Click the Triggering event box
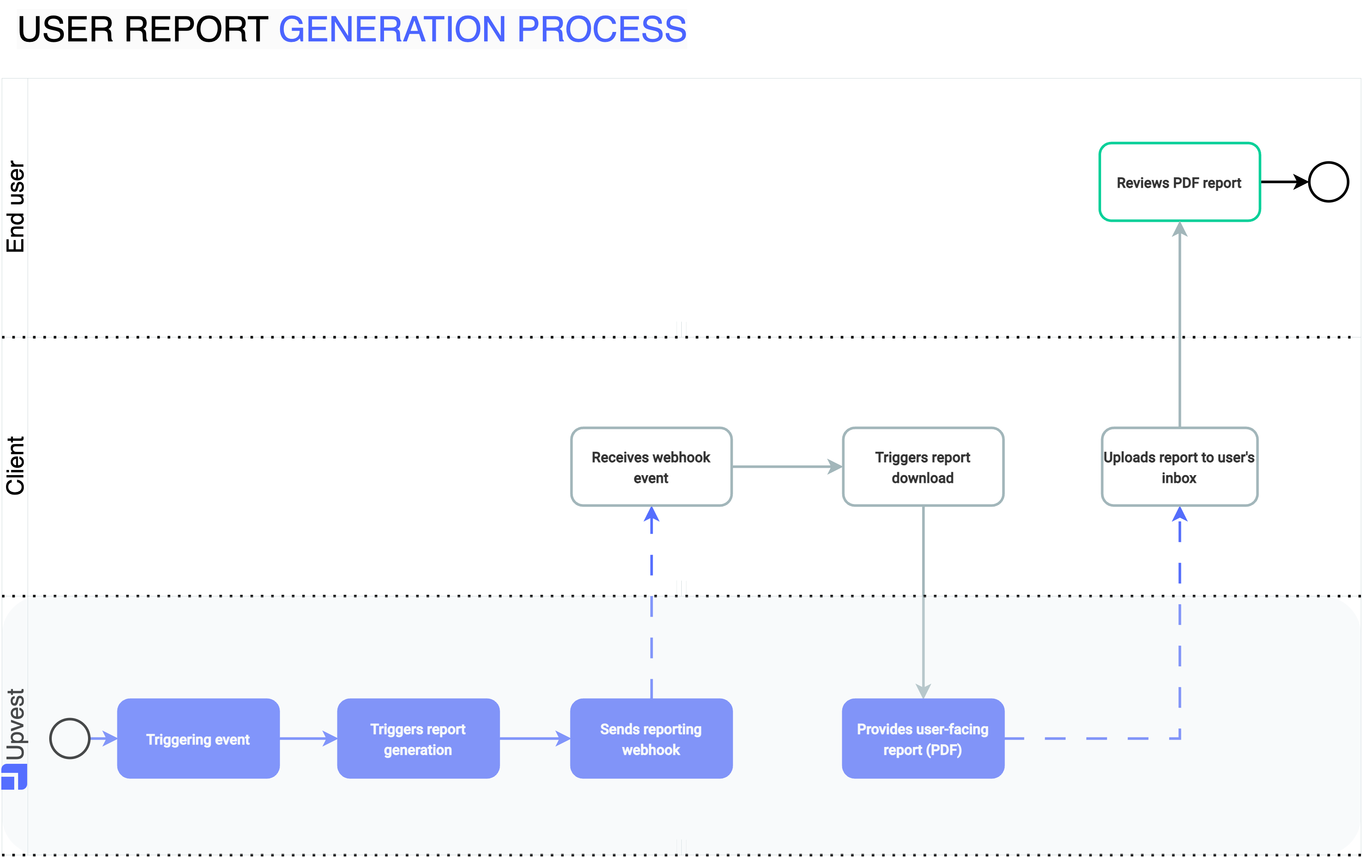(198, 738)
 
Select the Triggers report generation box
(418, 738)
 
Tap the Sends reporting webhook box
(651, 738)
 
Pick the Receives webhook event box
(651, 466)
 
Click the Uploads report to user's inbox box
(1179, 466)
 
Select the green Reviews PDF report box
(1179, 182)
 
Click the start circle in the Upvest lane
(69, 738)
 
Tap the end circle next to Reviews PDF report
(1328, 182)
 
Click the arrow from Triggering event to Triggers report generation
(308, 738)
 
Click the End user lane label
(15, 207)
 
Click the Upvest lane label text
(15, 725)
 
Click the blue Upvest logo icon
(14, 777)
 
